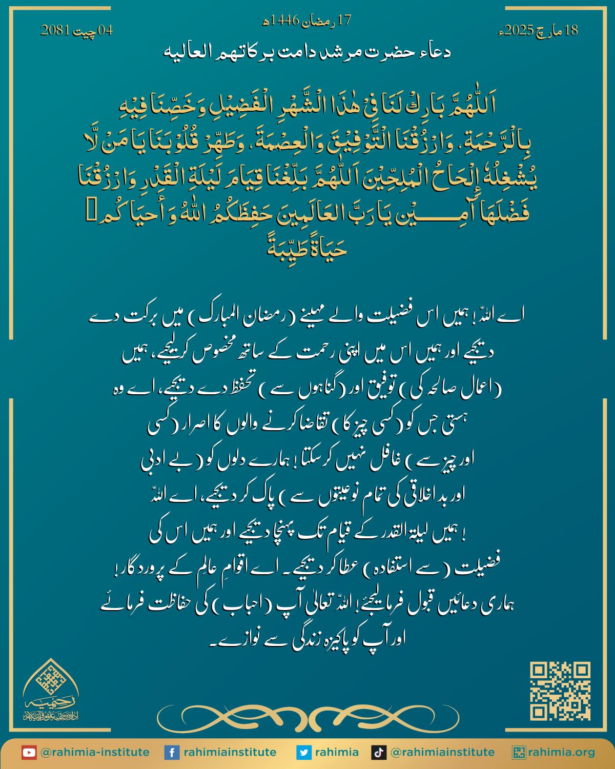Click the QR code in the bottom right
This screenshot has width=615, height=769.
tap(560, 691)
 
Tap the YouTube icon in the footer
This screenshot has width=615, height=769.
tap(29, 753)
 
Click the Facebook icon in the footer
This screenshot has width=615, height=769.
tap(171, 753)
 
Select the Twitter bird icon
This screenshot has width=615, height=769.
tap(304, 753)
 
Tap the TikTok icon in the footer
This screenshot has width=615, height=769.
tap(379, 753)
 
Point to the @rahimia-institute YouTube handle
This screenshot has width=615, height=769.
tap(94, 753)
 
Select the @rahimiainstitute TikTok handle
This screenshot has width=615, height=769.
tap(442, 753)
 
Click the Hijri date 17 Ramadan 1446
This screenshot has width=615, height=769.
tap(307, 21)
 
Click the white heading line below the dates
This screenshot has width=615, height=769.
tap(307, 52)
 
